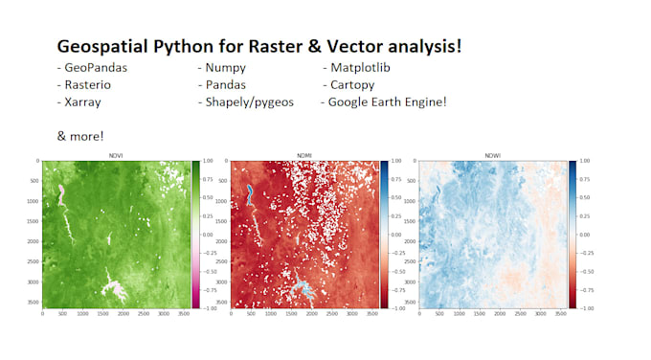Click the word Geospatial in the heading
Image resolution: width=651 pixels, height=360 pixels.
coord(103,47)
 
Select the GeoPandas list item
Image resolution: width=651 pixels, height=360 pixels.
coord(93,68)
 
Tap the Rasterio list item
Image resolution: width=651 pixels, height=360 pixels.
coord(85,84)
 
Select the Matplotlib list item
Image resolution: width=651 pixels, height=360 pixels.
coord(359,68)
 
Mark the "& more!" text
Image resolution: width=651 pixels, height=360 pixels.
coord(80,135)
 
